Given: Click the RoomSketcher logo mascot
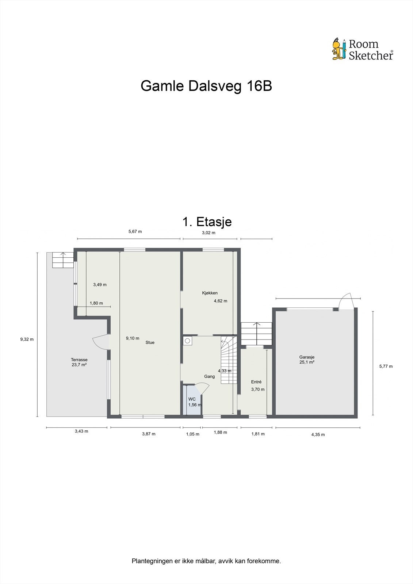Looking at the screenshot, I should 339,49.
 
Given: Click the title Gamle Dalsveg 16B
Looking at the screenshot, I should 206,87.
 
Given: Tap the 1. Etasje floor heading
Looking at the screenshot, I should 207,222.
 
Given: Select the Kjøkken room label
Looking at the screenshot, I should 210,293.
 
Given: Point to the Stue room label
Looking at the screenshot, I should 150,342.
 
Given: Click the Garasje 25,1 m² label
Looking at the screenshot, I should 307,360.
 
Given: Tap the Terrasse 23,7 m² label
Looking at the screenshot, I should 79,362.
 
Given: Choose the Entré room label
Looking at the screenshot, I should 256,382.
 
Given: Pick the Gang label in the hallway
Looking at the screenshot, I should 209,376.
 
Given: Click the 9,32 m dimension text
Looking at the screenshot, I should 27,339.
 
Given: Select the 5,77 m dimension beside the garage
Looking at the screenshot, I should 386,366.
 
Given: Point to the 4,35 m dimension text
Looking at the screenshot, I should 318,434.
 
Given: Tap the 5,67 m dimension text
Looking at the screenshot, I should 135,231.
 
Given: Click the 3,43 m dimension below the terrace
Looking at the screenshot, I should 81,431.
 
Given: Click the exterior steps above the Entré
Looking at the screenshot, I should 257,333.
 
